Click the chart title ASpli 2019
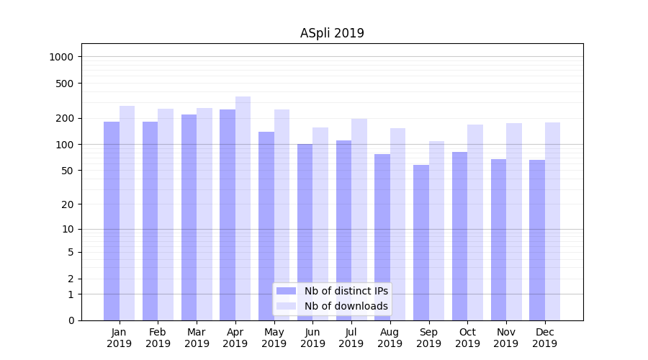pyautogui.click(x=332, y=33)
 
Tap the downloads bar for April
pyautogui.click(x=243, y=209)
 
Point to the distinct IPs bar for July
pyautogui.click(x=343, y=230)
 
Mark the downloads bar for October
pyautogui.click(x=475, y=222)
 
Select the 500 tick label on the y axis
pyautogui.click(x=65, y=84)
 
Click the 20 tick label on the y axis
pyautogui.click(x=68, y=204)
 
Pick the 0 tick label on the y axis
pyautogui.click(x=71, y=320)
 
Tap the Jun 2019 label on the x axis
pyautogui.click(x=312, y=338)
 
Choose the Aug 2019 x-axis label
pyautogui.click(x=390, y=338)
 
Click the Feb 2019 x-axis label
pyautogui.click(x=158, y=338)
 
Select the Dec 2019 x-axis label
pyautogui.click(x=545, y=338)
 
